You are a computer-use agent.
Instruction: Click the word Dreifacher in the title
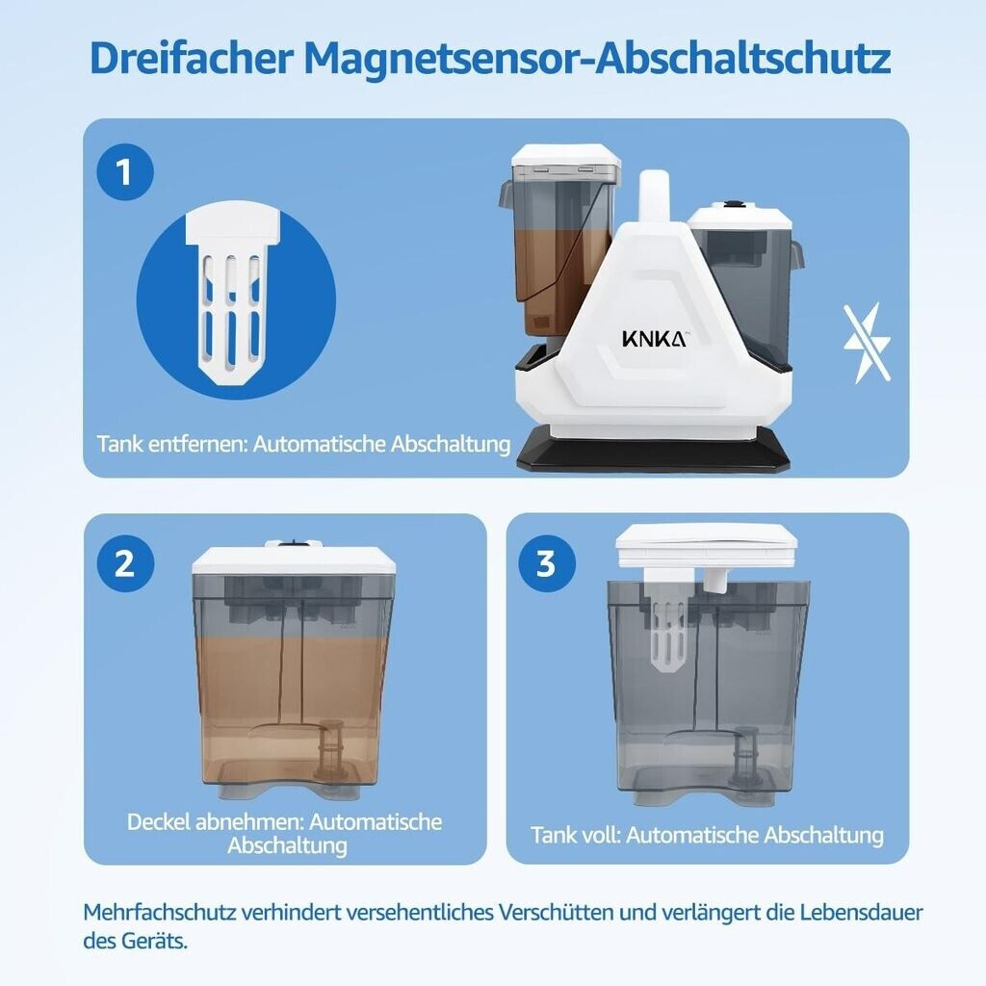pyautogui.click(x=192, y=58)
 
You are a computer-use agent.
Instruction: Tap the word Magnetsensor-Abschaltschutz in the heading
pyautogui.click(x=597, y=58)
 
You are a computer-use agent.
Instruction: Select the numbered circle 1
pyautogui.click(x=125, y=171)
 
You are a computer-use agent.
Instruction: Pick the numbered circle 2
pyautogui.click(x=125, y=562)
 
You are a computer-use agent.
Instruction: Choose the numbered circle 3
pyautogui.click(x=547, y=562)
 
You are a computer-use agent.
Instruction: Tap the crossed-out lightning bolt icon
pyautogui.click(x=867, y=344)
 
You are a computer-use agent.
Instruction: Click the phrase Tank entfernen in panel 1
pyautogui.click(x=171, y=444)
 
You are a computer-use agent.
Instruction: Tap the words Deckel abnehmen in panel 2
pyautogui.click(x=214, y=822)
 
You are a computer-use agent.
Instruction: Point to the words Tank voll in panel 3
pyautogui.click(x=575, y=835)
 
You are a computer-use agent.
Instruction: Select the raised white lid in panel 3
pyautogui.click(x=707, y=545)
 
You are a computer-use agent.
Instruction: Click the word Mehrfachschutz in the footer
pyautogui.click(x=159, y=913)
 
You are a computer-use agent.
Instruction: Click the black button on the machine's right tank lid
pyautogui.click(x=732, y=204)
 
